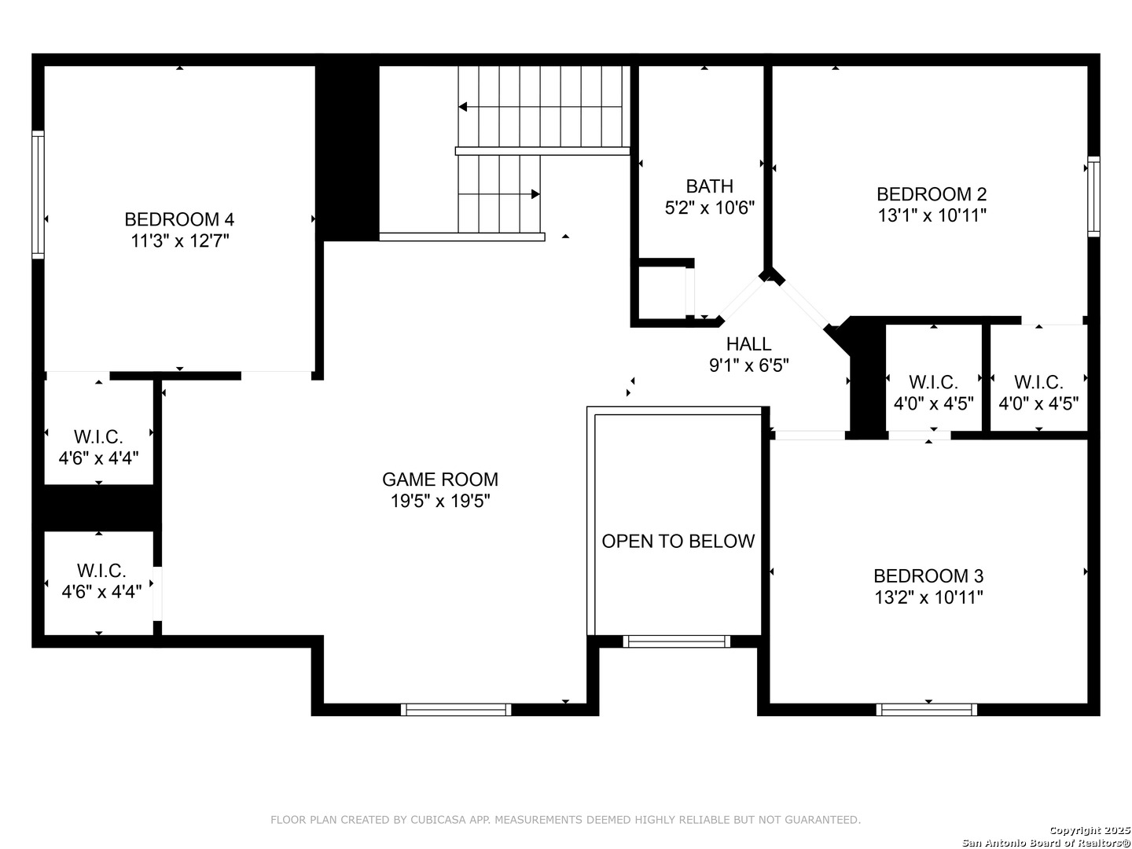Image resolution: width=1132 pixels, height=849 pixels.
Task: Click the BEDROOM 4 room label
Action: coord(179,219)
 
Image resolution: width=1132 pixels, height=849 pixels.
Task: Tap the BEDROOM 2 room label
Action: coord(932,194)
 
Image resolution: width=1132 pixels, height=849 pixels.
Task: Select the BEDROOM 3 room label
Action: coord(928,575)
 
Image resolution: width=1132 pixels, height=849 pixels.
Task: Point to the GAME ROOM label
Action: coord(440,480)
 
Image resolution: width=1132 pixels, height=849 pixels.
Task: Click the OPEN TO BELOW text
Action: coord(678,542)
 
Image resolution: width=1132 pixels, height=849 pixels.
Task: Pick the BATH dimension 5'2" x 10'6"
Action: coord(710,208)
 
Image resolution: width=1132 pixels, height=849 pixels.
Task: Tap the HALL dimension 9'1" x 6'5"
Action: coord(749,366)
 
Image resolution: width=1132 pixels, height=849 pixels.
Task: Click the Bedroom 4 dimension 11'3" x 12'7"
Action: coord(179,241)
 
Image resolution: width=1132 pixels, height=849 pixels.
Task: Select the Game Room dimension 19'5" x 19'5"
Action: coord(440,501)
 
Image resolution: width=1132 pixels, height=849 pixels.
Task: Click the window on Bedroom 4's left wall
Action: coord(38,194)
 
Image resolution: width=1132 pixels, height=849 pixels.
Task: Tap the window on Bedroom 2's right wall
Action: coord(1093,197)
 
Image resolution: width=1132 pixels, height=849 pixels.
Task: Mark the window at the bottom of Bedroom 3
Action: coord(926,710)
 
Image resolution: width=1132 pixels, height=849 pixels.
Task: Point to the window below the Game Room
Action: coord(456,710)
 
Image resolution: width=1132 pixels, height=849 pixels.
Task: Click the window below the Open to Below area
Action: coord(677,641)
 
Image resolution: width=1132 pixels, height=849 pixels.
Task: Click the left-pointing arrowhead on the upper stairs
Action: coord(462,107)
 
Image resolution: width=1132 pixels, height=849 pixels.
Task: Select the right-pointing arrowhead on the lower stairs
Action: coord(536,194)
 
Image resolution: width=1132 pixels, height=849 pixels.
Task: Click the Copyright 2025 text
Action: coord(1090,830)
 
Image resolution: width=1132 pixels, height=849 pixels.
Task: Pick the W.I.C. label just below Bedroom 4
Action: coord(98,437)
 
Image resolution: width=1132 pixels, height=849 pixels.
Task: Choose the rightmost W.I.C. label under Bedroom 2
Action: coord(1038,383)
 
